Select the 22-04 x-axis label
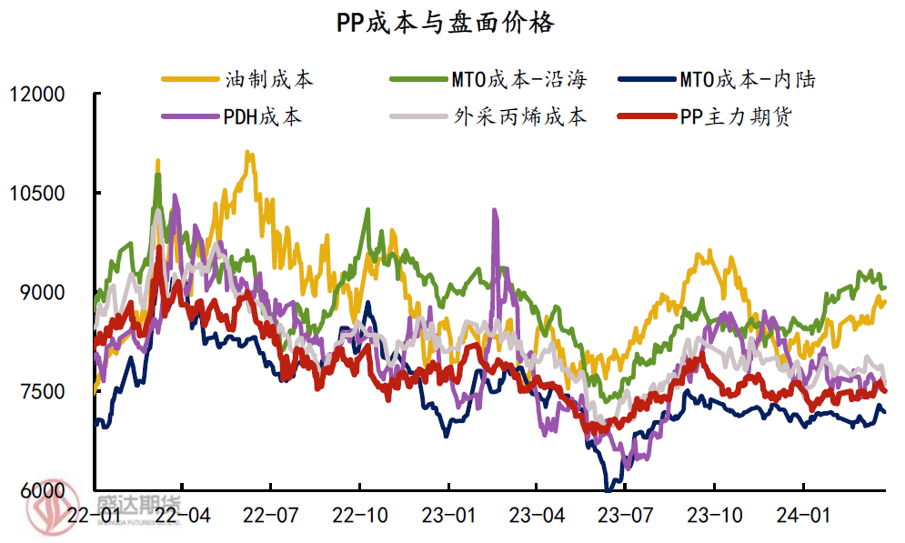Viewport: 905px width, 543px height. [x=182, y=515]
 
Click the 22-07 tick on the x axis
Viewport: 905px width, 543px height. [x=271, y=515]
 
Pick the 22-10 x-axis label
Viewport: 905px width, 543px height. [x=360, y=515]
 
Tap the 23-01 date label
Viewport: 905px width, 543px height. [x=448, y=515]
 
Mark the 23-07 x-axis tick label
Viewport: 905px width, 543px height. [x=626, y=515]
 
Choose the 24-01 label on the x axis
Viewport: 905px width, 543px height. [x=804, y=515]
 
